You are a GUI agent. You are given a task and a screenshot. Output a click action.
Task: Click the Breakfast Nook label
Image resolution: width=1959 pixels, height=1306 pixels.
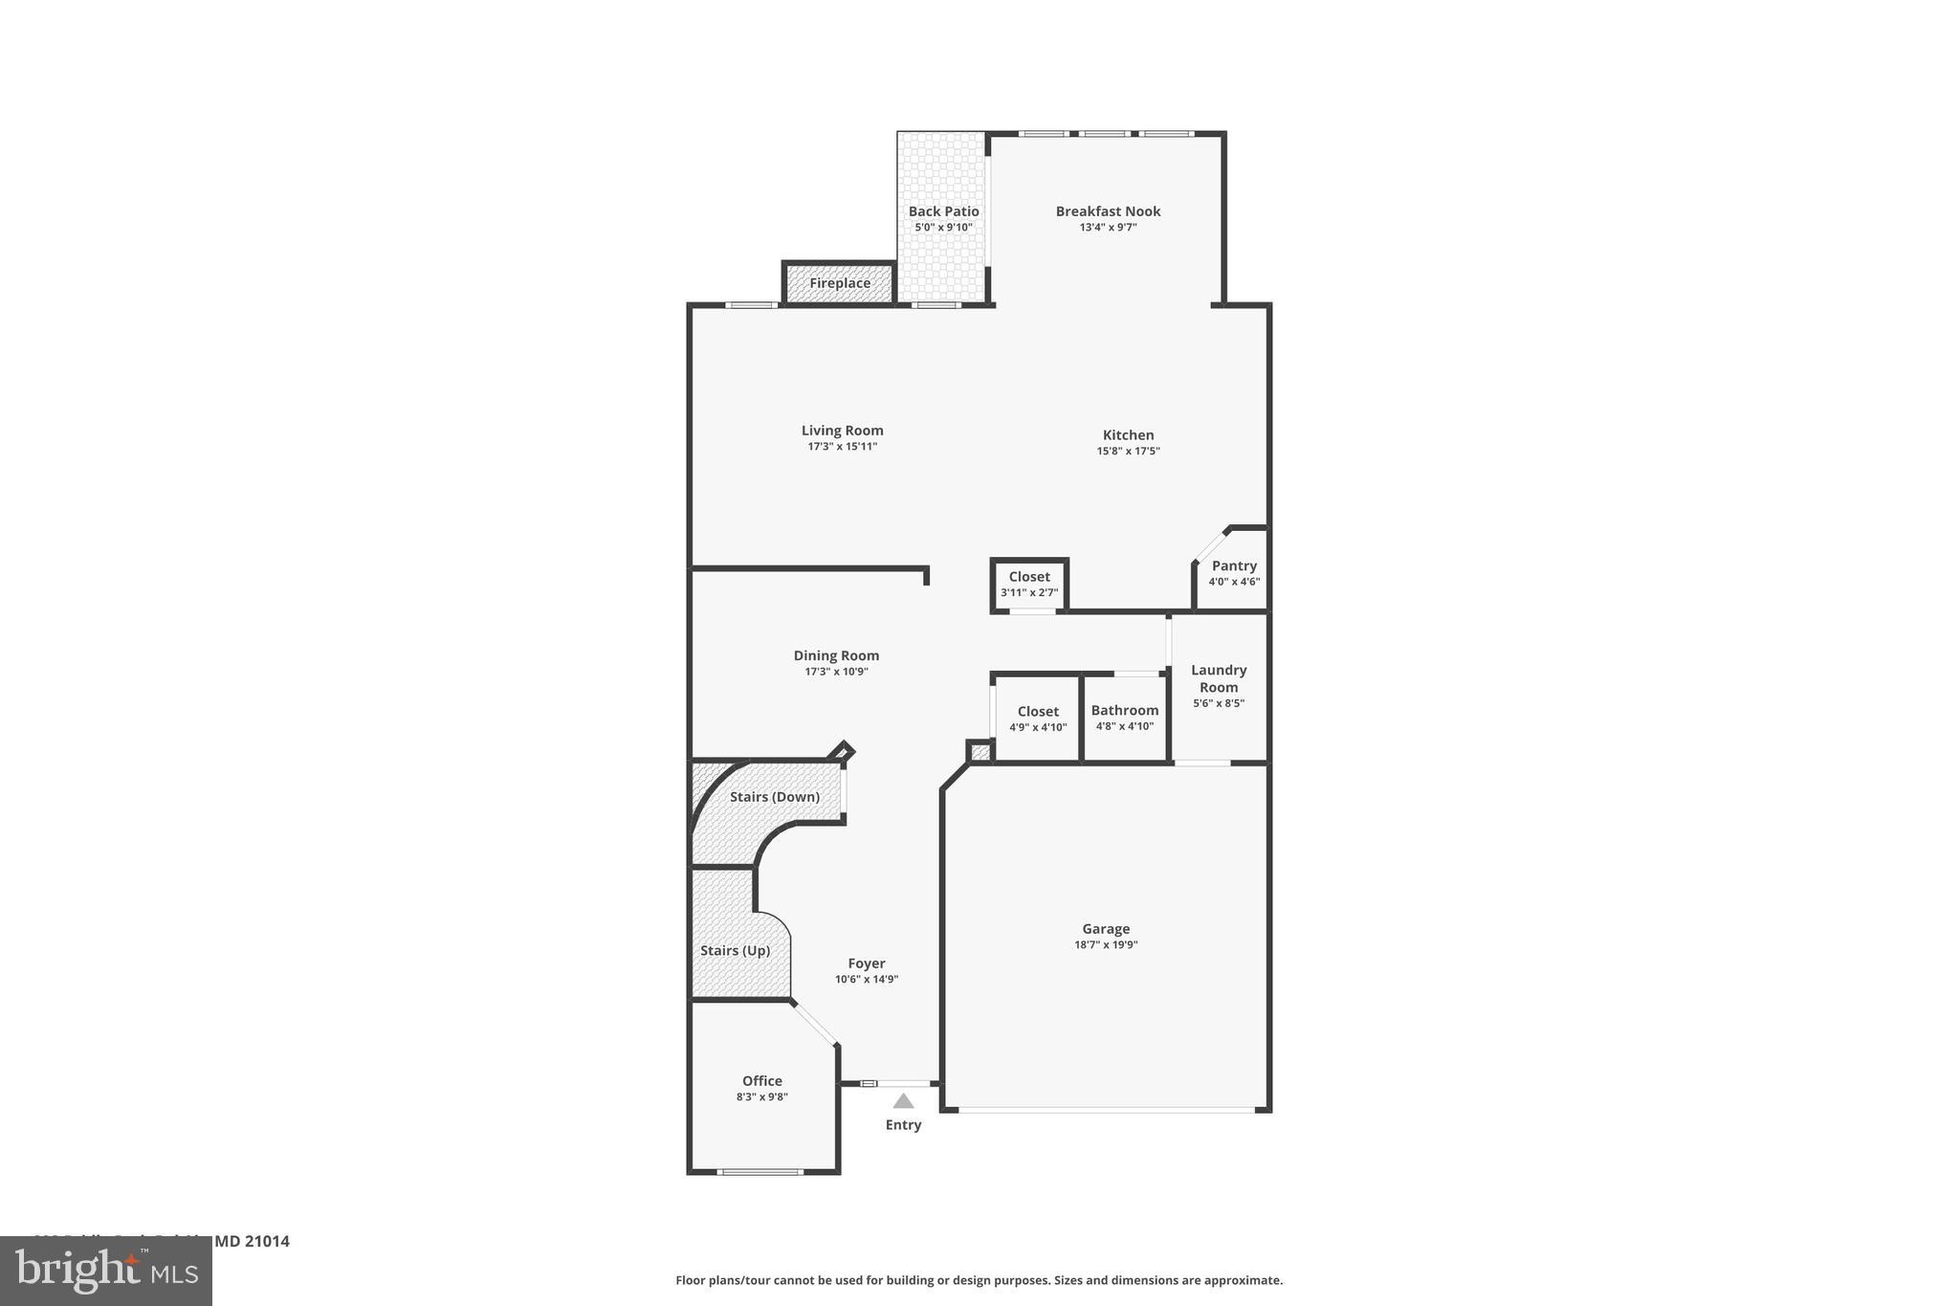(1108, 211)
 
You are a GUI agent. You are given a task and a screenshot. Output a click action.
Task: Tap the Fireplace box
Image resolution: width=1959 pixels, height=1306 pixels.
(840, 283)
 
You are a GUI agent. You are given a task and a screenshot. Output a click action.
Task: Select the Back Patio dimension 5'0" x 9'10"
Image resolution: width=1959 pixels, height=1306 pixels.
(943, 228)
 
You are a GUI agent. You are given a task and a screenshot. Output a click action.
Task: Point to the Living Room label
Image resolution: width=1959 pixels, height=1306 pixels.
(842, 431)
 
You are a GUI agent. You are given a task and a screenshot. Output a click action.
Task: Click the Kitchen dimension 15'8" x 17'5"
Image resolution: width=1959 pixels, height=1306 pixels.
(1128, 451)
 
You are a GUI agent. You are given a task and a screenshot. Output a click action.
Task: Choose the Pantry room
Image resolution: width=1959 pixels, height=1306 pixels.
(1234, 572)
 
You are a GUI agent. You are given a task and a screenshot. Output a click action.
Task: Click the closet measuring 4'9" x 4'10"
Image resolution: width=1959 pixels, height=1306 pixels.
(1038, 719)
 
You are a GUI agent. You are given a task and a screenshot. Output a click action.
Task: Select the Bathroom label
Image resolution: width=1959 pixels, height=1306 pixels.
(1124, 710)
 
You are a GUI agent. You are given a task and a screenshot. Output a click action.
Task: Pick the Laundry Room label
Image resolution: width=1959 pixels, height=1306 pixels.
(1218, 678)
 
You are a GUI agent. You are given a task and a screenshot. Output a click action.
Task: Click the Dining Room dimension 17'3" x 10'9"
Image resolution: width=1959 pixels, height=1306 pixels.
(836, 672)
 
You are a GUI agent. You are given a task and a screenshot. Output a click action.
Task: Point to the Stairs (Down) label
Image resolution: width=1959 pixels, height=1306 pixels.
(774, 797)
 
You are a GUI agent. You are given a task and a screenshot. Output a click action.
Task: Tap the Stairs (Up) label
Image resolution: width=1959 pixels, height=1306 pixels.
(735, 950)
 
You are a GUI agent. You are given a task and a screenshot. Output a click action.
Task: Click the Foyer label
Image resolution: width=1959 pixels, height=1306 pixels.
(866, 963)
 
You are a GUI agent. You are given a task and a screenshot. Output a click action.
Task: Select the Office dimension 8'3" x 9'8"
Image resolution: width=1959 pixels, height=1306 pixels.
(761, 1097)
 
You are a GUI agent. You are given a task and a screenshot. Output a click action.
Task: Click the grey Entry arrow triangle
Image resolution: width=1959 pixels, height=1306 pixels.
(903, 1101)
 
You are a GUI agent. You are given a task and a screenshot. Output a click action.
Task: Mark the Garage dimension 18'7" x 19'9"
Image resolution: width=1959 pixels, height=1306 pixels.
(1106, 944)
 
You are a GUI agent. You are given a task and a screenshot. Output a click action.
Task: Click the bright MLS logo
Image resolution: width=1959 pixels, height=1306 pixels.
(106, 1271)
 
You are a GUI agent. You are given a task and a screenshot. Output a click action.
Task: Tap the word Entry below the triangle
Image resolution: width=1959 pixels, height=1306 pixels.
(903, 1125)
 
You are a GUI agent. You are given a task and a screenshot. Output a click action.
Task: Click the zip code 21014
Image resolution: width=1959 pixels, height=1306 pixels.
(266, 1241)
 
